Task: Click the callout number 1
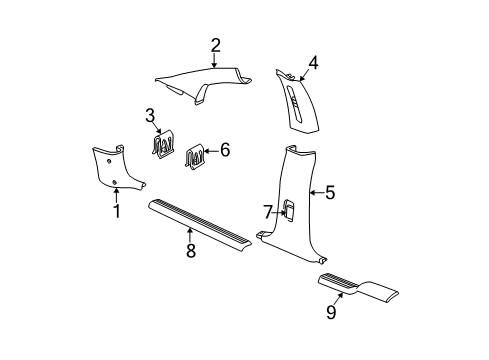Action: tap(116, 211)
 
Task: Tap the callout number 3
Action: tap(149, 114)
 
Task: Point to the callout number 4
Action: tap(313, 63)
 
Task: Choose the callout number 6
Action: tap(225, 150)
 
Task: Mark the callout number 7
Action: tap(267, 211)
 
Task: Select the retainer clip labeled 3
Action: tap(161, 145)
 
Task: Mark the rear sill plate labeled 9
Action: tap(360, 289)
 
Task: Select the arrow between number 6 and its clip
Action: tap(211, 151)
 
